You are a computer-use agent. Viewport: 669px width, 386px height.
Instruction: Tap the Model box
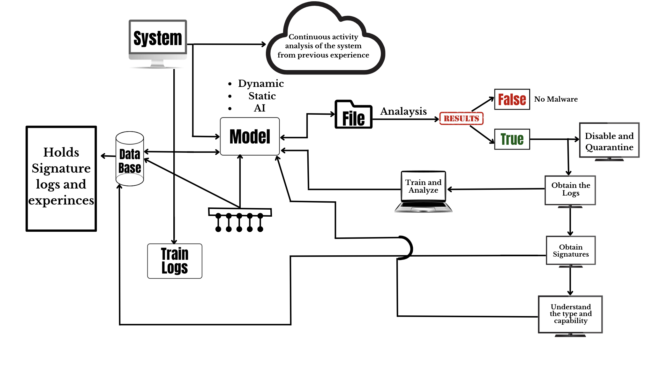tap(250, 136)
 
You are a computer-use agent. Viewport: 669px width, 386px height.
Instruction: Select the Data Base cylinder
tap(130, 159)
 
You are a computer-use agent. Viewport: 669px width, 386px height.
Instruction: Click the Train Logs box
tap(175, 261)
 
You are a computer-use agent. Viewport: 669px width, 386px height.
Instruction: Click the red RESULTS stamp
tap(461, 119)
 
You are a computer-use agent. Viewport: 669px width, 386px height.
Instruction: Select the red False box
tap(512, 99)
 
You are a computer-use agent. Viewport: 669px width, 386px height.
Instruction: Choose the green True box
tap(512, 139)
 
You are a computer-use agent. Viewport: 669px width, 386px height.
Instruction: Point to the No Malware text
tap(556, 99)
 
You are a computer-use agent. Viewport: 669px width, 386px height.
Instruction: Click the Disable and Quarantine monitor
tap(609, 141)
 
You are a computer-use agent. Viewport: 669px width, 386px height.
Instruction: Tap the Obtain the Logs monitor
tap(570, 190)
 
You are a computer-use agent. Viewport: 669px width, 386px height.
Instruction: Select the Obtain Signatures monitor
tap(571, 251)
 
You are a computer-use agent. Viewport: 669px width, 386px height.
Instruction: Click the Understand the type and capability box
tap(570, 314)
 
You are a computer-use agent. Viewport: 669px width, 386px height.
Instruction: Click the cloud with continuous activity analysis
tap(324, 46)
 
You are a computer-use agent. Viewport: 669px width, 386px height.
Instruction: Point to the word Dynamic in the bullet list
tap(261, 84)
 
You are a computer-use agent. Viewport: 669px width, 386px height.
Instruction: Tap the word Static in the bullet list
tap(262, 96)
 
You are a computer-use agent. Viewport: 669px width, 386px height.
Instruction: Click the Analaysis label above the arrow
tap(403, 111)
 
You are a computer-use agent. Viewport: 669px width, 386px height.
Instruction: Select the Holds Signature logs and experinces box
tap(61, 178)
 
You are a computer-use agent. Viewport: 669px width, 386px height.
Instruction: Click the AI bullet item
tap(259, 108)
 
